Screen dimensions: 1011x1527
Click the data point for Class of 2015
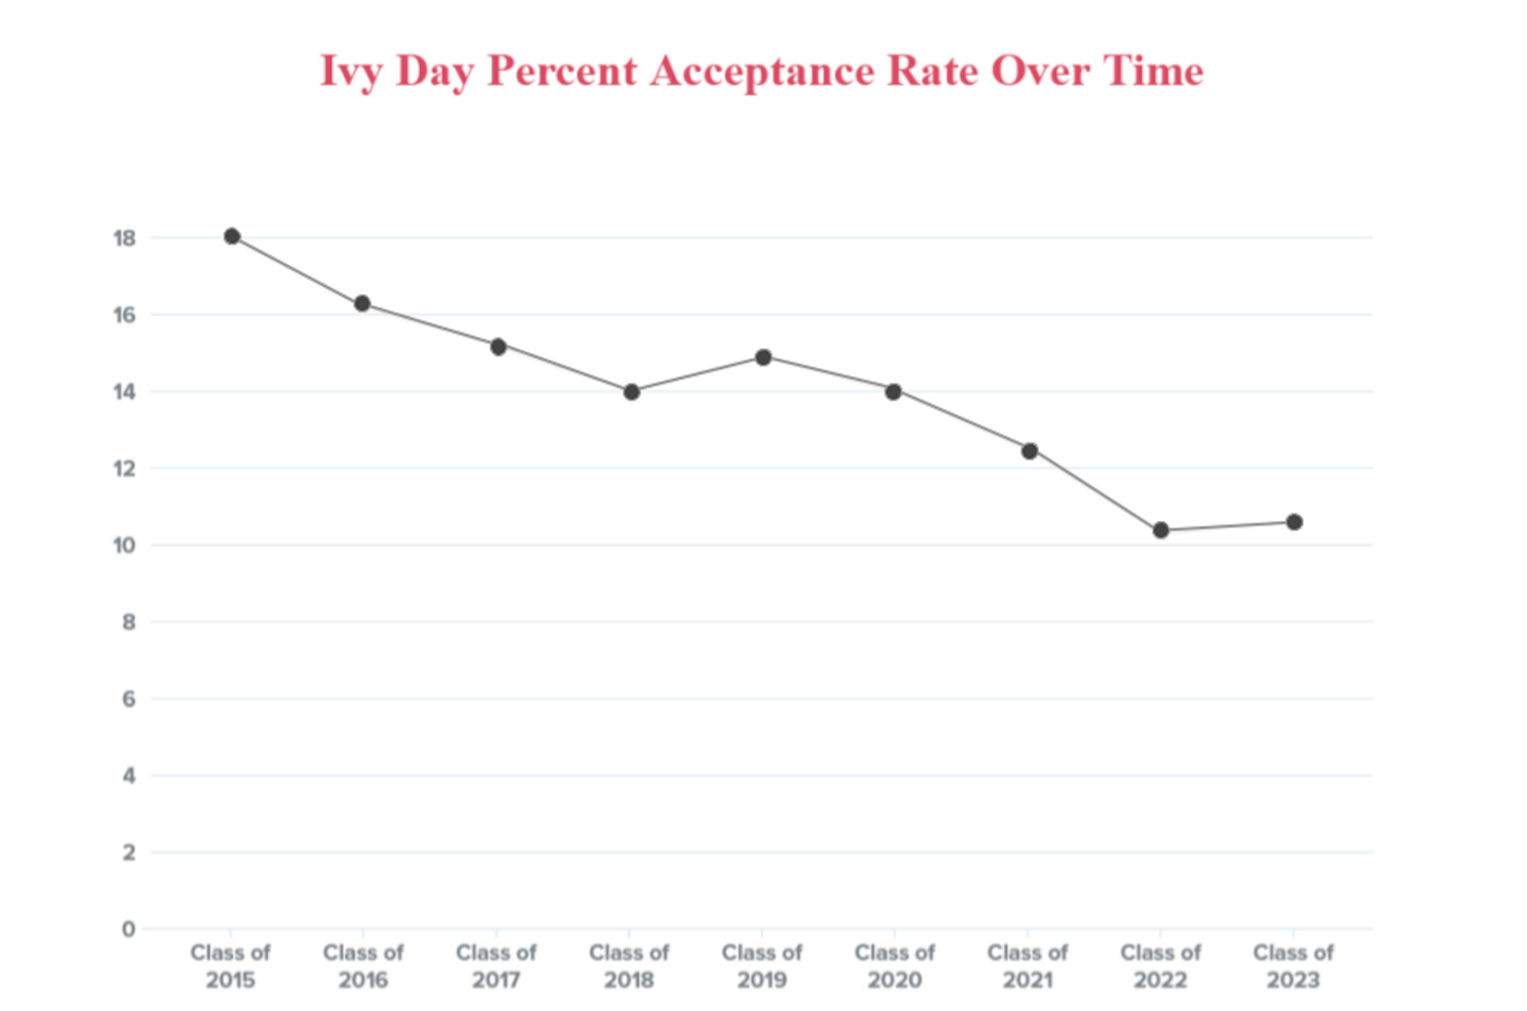(232, 237)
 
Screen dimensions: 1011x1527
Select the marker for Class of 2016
(363, 304)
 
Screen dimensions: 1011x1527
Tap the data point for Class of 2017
(498, 347)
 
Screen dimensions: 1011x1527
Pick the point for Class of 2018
(631, 392)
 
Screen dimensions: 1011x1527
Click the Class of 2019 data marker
(763, 357)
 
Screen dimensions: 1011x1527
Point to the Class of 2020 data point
(893, 392)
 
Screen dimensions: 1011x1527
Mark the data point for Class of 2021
(1029, 451)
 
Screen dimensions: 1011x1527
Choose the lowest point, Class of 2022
(1161, 530)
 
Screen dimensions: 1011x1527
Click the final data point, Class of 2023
(1294, 522)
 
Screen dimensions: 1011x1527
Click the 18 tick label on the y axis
(124, 238)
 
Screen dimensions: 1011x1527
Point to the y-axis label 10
(124, 545)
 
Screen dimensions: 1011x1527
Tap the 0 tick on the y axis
(128, 929)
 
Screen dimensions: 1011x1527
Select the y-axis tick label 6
(128, 699)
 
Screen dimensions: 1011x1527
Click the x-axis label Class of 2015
(231, 967)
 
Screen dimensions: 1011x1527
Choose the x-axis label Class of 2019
(762, 967)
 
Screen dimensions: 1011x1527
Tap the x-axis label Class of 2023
(1293, 967)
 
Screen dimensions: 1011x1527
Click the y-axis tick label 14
(124, 392)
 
